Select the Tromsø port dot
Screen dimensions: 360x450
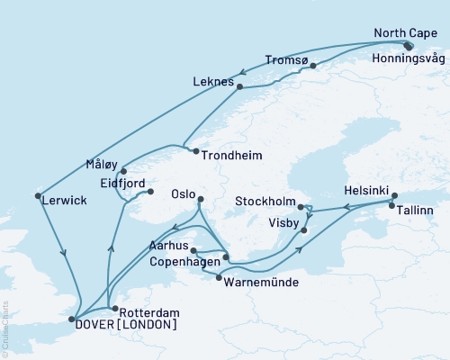pyautogui.click(x=313, y=65)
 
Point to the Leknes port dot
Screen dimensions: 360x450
pyautogui.click(x=240, y=86)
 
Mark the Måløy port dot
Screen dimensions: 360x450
pyautogui.click(x=123, y=170)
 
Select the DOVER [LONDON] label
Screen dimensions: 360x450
pyautogui.click(x=126, y=325)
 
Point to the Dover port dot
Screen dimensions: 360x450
pyautogui.click(x=71, y=319)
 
